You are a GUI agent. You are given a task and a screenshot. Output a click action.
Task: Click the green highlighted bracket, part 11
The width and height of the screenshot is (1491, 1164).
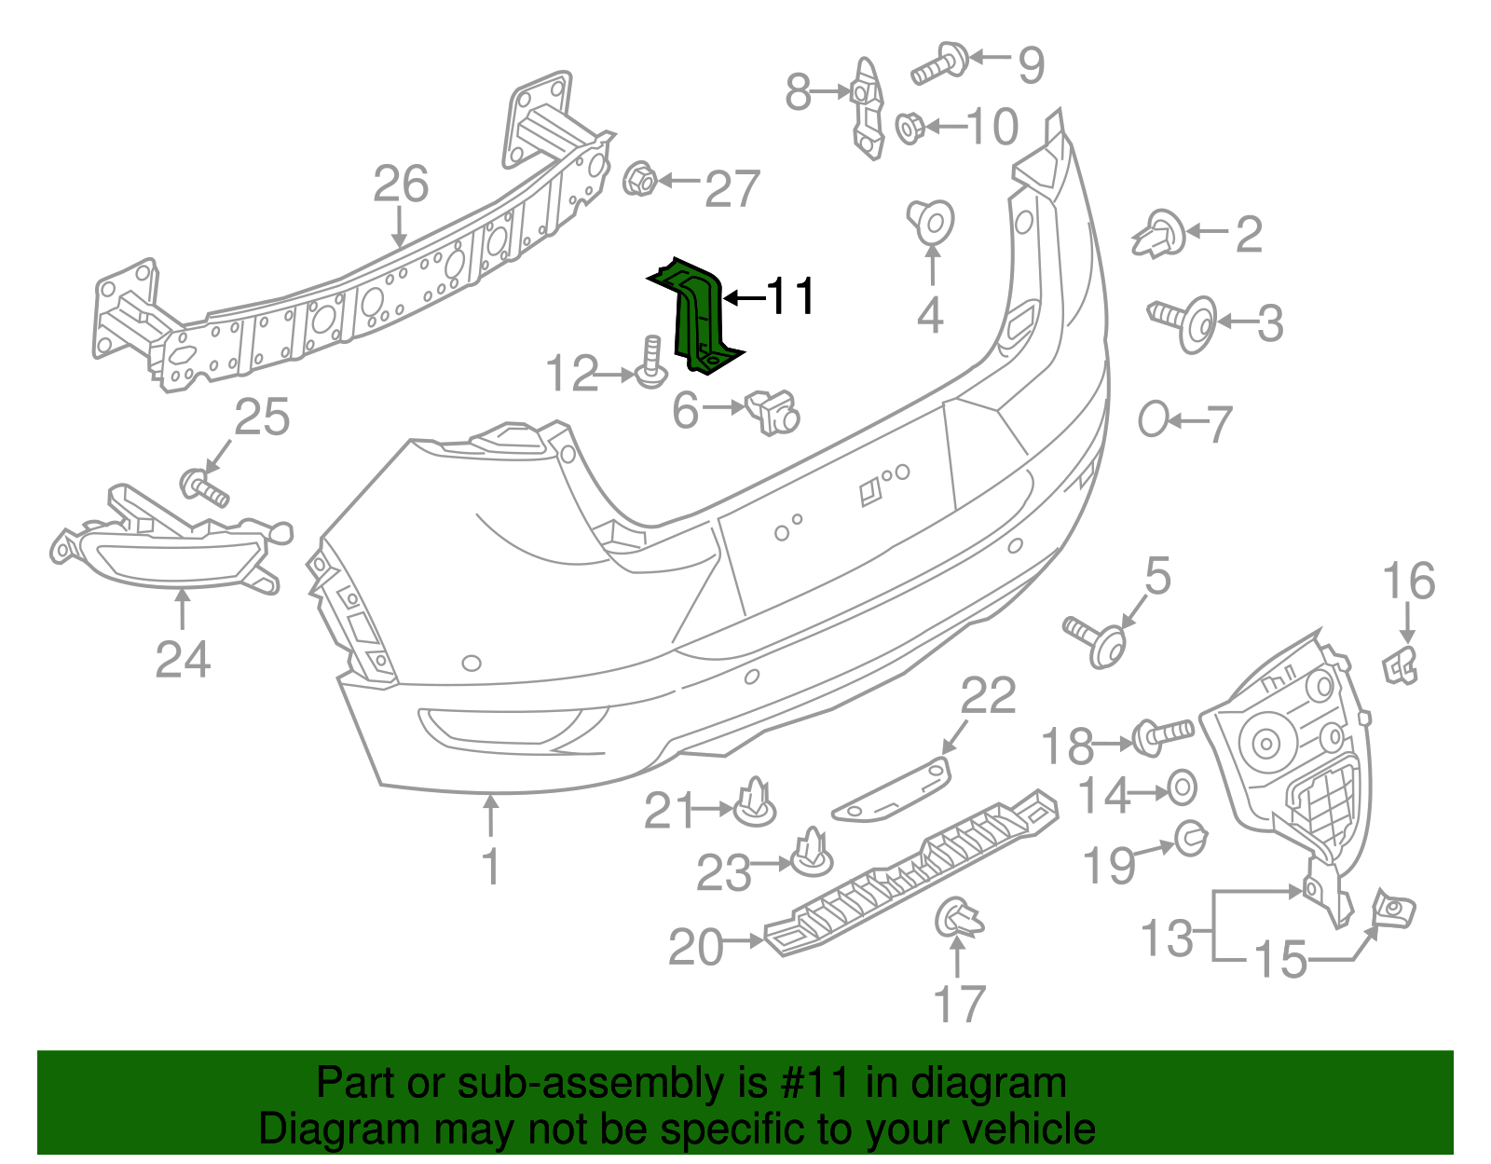click(x=697, y=312)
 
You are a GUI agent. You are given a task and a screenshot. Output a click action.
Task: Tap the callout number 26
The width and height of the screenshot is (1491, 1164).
click(x=401, y=185)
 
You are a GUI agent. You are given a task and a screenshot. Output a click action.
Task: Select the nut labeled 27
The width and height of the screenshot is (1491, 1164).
click(x=639, y=178)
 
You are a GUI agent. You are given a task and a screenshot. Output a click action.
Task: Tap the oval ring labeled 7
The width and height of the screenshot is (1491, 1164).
click(x=1153, y=419)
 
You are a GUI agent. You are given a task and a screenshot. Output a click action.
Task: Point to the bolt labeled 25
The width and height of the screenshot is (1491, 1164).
click(x=203, y=487)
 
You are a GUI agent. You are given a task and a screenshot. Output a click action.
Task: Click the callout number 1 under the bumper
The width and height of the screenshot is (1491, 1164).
click(x=490, y=867)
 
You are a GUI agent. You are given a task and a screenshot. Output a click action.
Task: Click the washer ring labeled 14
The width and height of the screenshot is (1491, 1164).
click(x=1182, y=788)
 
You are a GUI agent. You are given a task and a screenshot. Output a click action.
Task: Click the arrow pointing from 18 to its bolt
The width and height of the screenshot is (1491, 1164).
click(x=1113, y=744)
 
